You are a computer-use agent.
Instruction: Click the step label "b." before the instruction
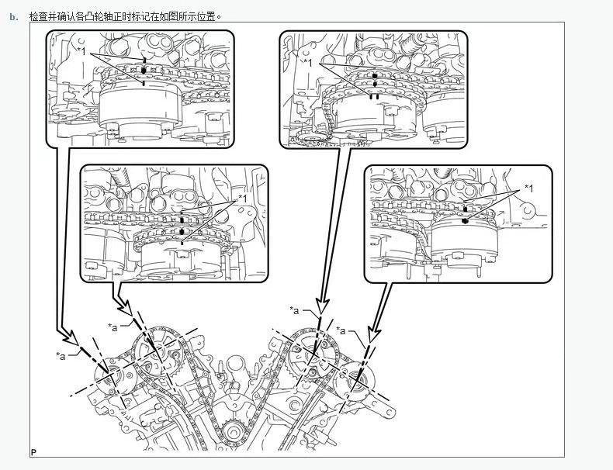pyautogui.click(x=13, y=16)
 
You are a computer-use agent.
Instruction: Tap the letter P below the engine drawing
pyautogui.click(x=33, y=452)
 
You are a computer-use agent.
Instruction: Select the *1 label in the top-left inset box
pyautogui.click(x=81, y=51)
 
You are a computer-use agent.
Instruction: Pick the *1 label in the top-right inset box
pyautogui.click(x=308, y=62)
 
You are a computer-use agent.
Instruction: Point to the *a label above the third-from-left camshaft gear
pyautogui.click(x=295, y=310)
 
